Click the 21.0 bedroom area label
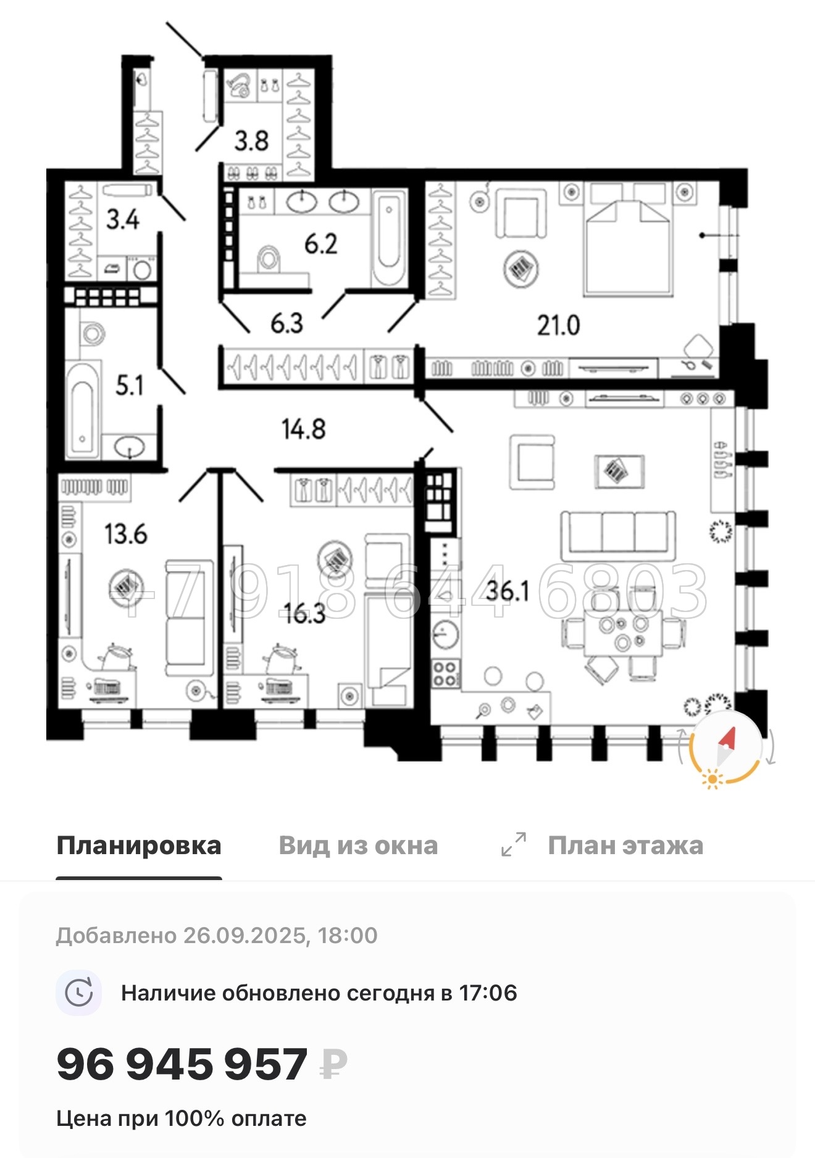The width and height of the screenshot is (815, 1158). (x=558, y=325)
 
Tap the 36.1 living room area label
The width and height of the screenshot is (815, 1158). (x=508, y=591)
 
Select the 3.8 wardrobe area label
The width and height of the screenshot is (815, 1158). (x=251, y=141)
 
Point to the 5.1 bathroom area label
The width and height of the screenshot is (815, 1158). (x=130, y=385)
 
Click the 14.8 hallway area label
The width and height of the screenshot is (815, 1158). (x=303, y=429)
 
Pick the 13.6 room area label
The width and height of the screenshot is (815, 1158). (x=125, y=534)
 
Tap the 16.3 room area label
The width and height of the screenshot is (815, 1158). (x=304, y=613)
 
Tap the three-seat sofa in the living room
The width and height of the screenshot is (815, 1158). (x=617, y=532)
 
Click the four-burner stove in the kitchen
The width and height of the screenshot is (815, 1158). (x=445, y=673)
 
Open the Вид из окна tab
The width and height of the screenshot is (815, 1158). (x=358, y=845)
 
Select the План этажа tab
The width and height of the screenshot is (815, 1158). (x=625, y=845)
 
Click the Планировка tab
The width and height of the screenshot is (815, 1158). (x=138, y=845)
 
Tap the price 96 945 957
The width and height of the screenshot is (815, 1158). (x=182, y=1064)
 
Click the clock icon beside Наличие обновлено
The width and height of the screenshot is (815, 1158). (x=79, y=993)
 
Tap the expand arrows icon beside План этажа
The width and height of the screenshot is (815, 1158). (x=514, y=844)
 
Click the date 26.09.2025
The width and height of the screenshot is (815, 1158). (x=244, y=936)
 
